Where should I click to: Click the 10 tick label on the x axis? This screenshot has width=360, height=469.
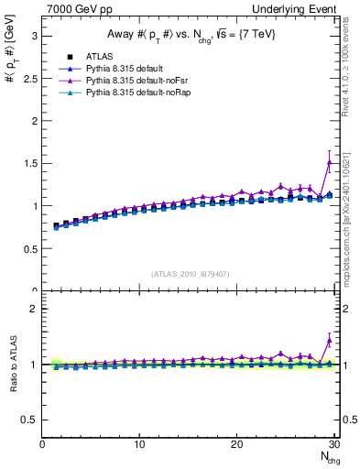pyautogui.click(x=139, y=444)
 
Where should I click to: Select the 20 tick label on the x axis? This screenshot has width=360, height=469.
pyautogui.click(x=236, y=444)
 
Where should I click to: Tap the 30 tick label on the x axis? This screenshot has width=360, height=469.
pyautogui.click(x=333, y=444)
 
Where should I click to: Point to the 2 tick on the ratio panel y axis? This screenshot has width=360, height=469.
pyautogui.click(x=33, y=309)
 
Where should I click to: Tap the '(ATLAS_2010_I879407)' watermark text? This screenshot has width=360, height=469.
pyautogui.click(x=190, y=272)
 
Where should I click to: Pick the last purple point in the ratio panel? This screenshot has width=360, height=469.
pyautogui.click(x=330, y=340)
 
